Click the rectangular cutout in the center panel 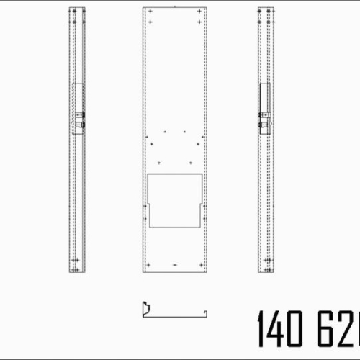175,199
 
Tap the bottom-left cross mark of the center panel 148,265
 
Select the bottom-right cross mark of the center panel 201,265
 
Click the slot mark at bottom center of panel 175,265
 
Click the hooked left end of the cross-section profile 143,307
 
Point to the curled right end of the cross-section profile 207,311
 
